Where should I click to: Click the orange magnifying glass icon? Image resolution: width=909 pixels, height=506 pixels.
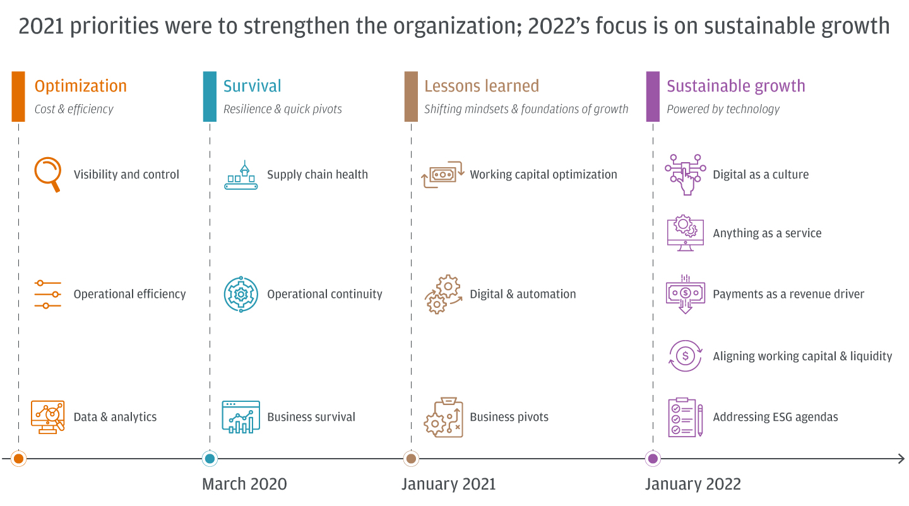tap(48, 174)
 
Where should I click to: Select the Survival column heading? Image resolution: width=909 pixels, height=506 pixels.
tap(252, 86)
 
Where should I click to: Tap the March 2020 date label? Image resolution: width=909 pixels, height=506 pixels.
tap(244, 484)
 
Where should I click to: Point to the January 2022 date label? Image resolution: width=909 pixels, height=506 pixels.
tap(692, 484)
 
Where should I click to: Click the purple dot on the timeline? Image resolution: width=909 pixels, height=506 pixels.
tap(653, 459)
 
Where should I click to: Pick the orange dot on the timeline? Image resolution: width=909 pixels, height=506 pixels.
tap(18, 459)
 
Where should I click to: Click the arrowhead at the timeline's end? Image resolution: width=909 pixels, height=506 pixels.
tap(901, 459)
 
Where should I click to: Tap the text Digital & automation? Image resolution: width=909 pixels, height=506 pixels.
tap(523, 294)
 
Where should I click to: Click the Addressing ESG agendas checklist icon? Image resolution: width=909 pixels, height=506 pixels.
tap(685, 417)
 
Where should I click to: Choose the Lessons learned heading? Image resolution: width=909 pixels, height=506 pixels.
tap(481, 86)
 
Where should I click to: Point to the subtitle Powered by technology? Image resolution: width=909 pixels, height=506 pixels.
tap(723, 109)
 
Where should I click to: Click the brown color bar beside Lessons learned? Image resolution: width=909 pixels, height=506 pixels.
tap(410, 96)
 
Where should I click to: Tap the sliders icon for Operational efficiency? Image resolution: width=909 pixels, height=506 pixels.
tap(48, 294)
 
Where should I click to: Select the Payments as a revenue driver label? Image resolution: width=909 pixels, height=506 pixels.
tap(788, 294)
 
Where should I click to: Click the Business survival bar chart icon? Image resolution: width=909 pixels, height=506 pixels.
tap(241, 417)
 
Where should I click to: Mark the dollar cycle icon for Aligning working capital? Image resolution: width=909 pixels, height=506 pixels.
tap(685, 356)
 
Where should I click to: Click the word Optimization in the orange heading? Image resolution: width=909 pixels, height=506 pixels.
tap(80, 86)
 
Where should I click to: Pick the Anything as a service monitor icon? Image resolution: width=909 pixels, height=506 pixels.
tap(685, 233)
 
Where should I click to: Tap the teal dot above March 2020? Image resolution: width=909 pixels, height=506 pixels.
tap(210, 459)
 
